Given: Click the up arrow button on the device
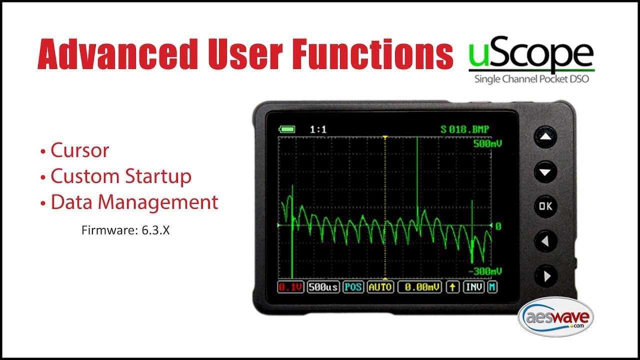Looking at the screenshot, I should [545, 136].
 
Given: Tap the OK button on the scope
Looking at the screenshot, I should [545, 206].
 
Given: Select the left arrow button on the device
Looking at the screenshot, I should [545, 241].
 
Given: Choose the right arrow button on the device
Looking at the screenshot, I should [545, 275].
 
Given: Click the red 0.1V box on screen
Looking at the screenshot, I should [291, 287].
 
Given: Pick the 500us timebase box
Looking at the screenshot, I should [323, 287].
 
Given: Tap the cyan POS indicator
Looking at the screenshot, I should [353, 287].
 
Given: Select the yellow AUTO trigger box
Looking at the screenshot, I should [380, 287].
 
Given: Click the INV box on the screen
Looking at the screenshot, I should [473, 287].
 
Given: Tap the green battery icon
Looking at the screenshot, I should [287, 129].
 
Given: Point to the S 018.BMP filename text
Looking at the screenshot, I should [465, 129].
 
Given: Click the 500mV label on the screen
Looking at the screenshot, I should [487, 144].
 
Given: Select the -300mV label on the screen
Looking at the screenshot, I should [484, 271].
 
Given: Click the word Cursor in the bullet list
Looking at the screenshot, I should [79, 150].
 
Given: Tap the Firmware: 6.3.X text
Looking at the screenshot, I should [125, 231].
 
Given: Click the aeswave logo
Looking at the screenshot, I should [555, 318].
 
